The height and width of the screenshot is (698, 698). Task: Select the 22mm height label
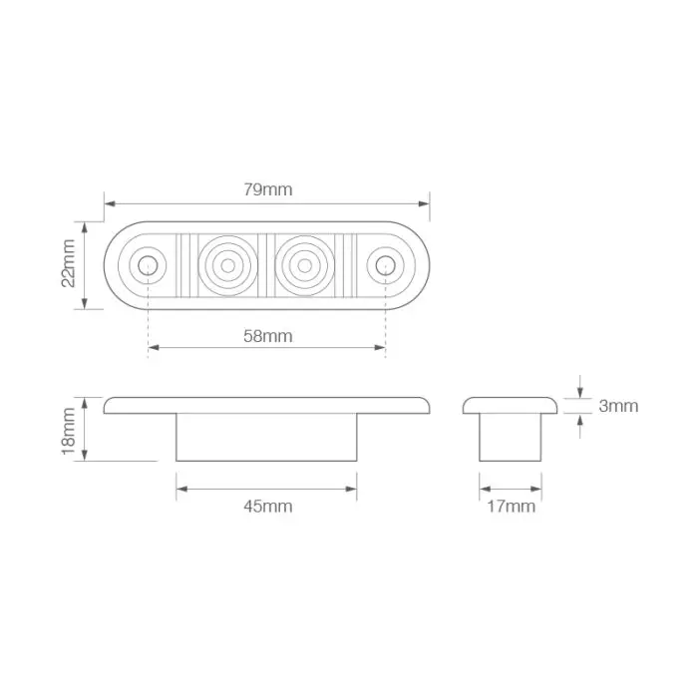(x=68, y=265)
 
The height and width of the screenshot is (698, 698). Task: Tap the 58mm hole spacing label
(x=267, y=336)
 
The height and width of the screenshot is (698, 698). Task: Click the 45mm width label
(x=267, y=507)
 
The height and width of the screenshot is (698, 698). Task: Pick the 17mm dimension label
(x=511, y=507)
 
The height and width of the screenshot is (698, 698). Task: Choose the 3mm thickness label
(x=618, y=406)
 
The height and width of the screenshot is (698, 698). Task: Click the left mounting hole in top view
(x=148, y=265)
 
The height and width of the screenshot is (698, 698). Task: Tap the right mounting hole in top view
(x=385, y=265)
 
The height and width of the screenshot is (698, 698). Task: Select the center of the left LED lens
(x=228, y=265)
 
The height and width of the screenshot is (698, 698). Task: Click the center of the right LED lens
(x=301, y=265)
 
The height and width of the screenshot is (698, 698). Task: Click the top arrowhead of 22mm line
(x=86, y=226)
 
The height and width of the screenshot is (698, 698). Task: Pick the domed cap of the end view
(x=511, y=405)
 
